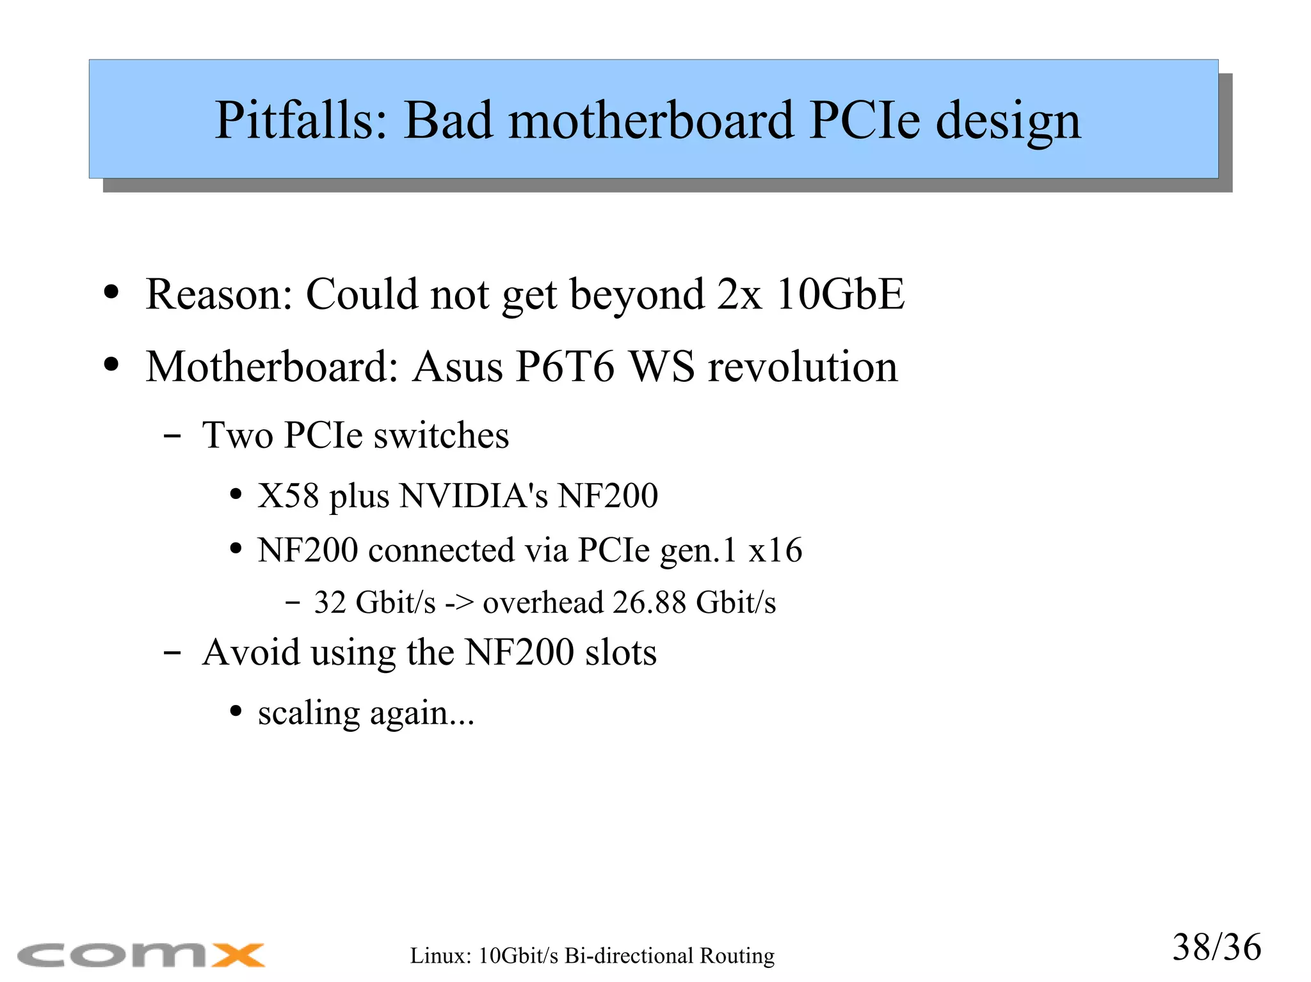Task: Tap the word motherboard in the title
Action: [650, 120]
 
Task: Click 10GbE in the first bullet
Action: [840, 294]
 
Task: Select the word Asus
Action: [458, 367]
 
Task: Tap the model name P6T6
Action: [565, 367]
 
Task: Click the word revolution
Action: [803, 367]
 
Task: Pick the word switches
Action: [441, 436]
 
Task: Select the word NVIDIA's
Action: [474, 496]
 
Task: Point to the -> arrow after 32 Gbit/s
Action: [459, 603]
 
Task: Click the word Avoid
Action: [251, 653]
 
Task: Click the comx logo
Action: [141, 955]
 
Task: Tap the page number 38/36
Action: [1216, 947]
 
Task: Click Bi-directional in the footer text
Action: [629, 956]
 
